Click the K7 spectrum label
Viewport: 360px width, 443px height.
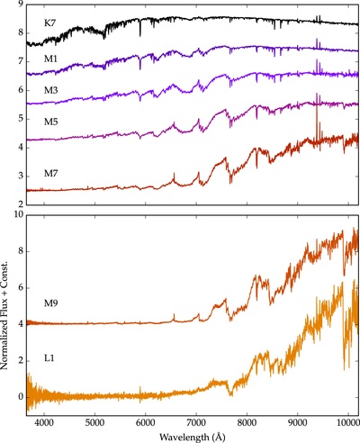[50, 23]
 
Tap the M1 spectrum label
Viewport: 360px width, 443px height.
[50, 59]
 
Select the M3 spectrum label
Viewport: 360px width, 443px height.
[51, 90]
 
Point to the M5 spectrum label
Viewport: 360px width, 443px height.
[51, 122]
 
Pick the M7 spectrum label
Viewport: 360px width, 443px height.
[51, 174]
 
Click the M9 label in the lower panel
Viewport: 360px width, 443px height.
[51, 303]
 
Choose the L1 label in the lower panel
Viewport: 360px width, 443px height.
[49, 358]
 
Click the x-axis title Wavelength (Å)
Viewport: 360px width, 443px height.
[193, 437]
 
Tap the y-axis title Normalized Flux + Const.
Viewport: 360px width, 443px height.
[4, 315]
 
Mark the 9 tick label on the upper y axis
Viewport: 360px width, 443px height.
[21, 4]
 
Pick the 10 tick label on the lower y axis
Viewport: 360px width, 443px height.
[19, 215]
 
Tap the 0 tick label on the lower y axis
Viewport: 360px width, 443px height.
[21, 397]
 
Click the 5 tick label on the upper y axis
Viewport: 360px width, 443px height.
[21, 119]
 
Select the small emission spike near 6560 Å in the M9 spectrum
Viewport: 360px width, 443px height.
[174, 317]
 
